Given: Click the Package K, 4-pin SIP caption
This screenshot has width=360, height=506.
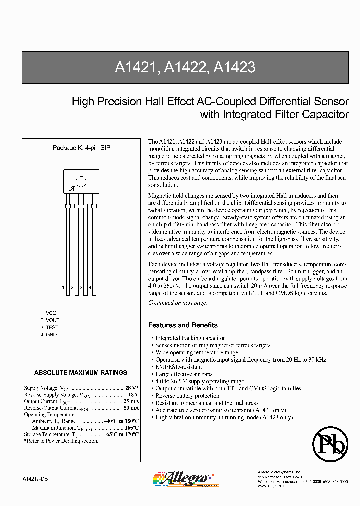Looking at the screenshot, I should click(x=81, y=148).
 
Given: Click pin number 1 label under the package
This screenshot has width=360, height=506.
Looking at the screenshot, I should click(x=63, y=288).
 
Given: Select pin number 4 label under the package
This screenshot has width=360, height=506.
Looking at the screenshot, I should click(x=90, y=288).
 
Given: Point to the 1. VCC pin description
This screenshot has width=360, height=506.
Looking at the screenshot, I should click(x=49, y=312).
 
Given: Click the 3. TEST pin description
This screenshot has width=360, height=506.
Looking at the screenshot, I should click(x=49, y=327).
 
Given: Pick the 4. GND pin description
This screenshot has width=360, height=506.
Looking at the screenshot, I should click(x=49, y=335).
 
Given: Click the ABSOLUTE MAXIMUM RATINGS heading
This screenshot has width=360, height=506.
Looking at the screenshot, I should click(x=80, y=373).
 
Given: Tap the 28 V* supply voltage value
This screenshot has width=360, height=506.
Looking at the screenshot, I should click(x=132, y=388).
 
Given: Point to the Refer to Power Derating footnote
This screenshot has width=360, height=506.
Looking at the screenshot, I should click(x=61, y=441).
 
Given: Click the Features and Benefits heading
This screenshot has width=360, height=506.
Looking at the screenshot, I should click(x=183, y=325).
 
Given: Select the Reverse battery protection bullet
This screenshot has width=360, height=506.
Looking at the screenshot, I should click(x=187, y=396).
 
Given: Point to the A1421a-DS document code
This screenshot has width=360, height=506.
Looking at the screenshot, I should click(x=35, y=479).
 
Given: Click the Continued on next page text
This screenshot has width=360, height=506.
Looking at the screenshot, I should click(x=180, y=303).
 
